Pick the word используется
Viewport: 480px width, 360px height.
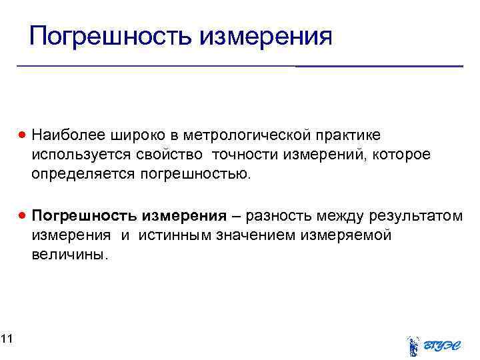[71, 155]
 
